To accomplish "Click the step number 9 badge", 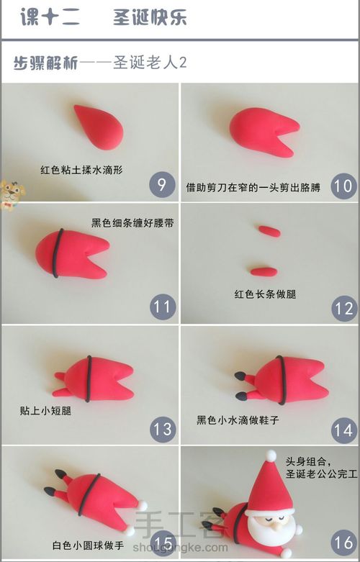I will click(x=162, y=186).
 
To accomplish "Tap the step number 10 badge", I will click(x=343, y=186).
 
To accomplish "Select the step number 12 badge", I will click(x=343, y=308).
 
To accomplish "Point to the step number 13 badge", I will click(x=162, y=430).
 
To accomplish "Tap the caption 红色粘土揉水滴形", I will click(x=81, y=171).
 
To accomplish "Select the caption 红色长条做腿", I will click(x=266, y=294).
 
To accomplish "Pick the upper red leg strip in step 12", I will click(x=269, y=230).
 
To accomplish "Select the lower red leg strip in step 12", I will click(x=264, y=271).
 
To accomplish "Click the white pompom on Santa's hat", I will click(x=271, y=455).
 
